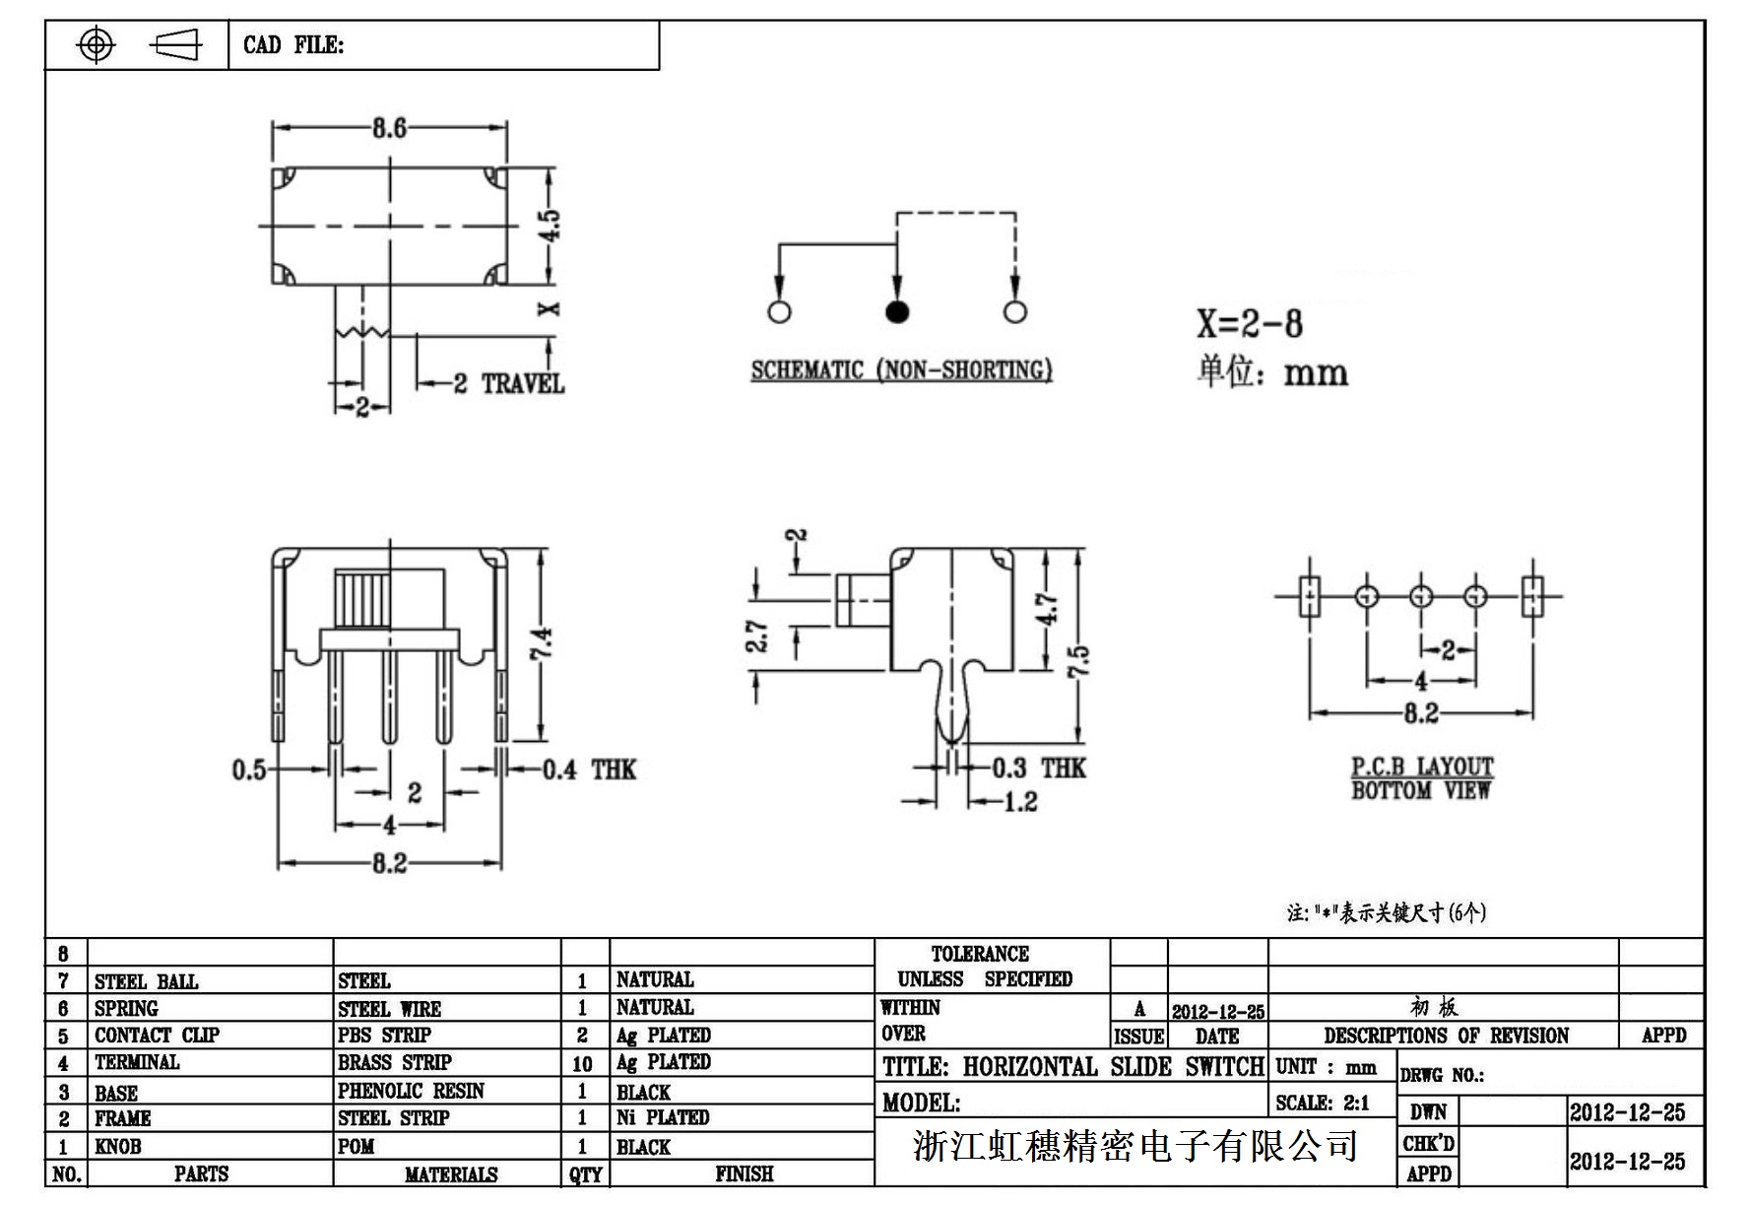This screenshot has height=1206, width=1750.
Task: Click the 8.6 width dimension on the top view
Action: [389, 128]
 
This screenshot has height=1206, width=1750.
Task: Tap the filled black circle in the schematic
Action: [896, 312]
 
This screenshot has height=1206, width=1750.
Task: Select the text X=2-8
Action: [1249, 323]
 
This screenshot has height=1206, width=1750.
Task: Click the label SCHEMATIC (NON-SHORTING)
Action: [901, 370]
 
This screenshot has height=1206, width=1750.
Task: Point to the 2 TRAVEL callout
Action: [508, 384]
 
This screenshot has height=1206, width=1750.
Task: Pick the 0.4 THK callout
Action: [589, 770]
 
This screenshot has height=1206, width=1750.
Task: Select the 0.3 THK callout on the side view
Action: [1038, 769]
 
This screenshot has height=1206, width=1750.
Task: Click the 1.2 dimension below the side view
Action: [1019, 802]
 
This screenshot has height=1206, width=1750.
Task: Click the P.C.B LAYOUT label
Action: [1421, 767]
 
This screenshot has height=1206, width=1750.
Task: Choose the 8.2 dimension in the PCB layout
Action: [1420, 713]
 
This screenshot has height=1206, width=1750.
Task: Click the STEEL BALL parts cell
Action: [146, 981]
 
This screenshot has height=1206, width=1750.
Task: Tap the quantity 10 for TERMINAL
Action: [582, 1063]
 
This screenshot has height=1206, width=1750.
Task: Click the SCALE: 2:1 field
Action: [1322, 1103]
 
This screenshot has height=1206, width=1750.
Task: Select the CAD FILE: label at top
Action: [293, 45]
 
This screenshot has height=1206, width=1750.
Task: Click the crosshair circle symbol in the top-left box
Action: [96, 45]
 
